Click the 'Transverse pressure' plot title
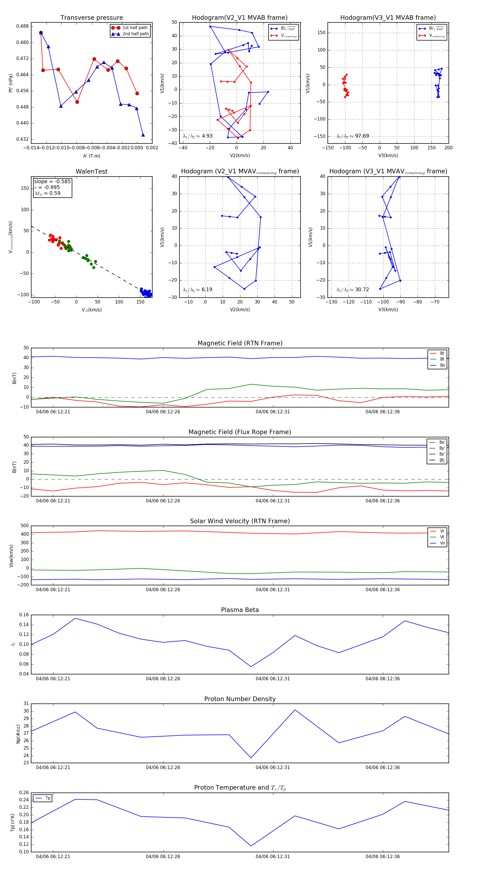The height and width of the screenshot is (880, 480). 91,18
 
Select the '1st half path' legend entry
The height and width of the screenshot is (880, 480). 135,28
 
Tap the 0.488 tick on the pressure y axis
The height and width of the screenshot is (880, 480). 23,26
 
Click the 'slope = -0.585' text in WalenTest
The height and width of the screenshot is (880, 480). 52,181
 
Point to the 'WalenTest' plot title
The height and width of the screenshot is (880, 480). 91,171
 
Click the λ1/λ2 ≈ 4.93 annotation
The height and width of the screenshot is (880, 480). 197,136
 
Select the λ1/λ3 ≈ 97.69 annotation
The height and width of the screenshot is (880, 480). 353,136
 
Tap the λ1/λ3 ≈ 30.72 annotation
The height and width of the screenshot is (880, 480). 353,290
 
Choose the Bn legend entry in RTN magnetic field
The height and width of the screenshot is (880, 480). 442,365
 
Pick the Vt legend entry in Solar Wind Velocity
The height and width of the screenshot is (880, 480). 442,537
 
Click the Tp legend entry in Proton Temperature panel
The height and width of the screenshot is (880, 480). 47,798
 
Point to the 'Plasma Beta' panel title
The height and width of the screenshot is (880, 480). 240,610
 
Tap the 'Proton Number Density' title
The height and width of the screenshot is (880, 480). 240,699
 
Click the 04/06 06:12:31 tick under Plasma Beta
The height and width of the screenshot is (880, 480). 273,678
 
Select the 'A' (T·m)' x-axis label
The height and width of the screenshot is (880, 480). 91,156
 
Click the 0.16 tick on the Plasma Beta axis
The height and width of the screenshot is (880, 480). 24,615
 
